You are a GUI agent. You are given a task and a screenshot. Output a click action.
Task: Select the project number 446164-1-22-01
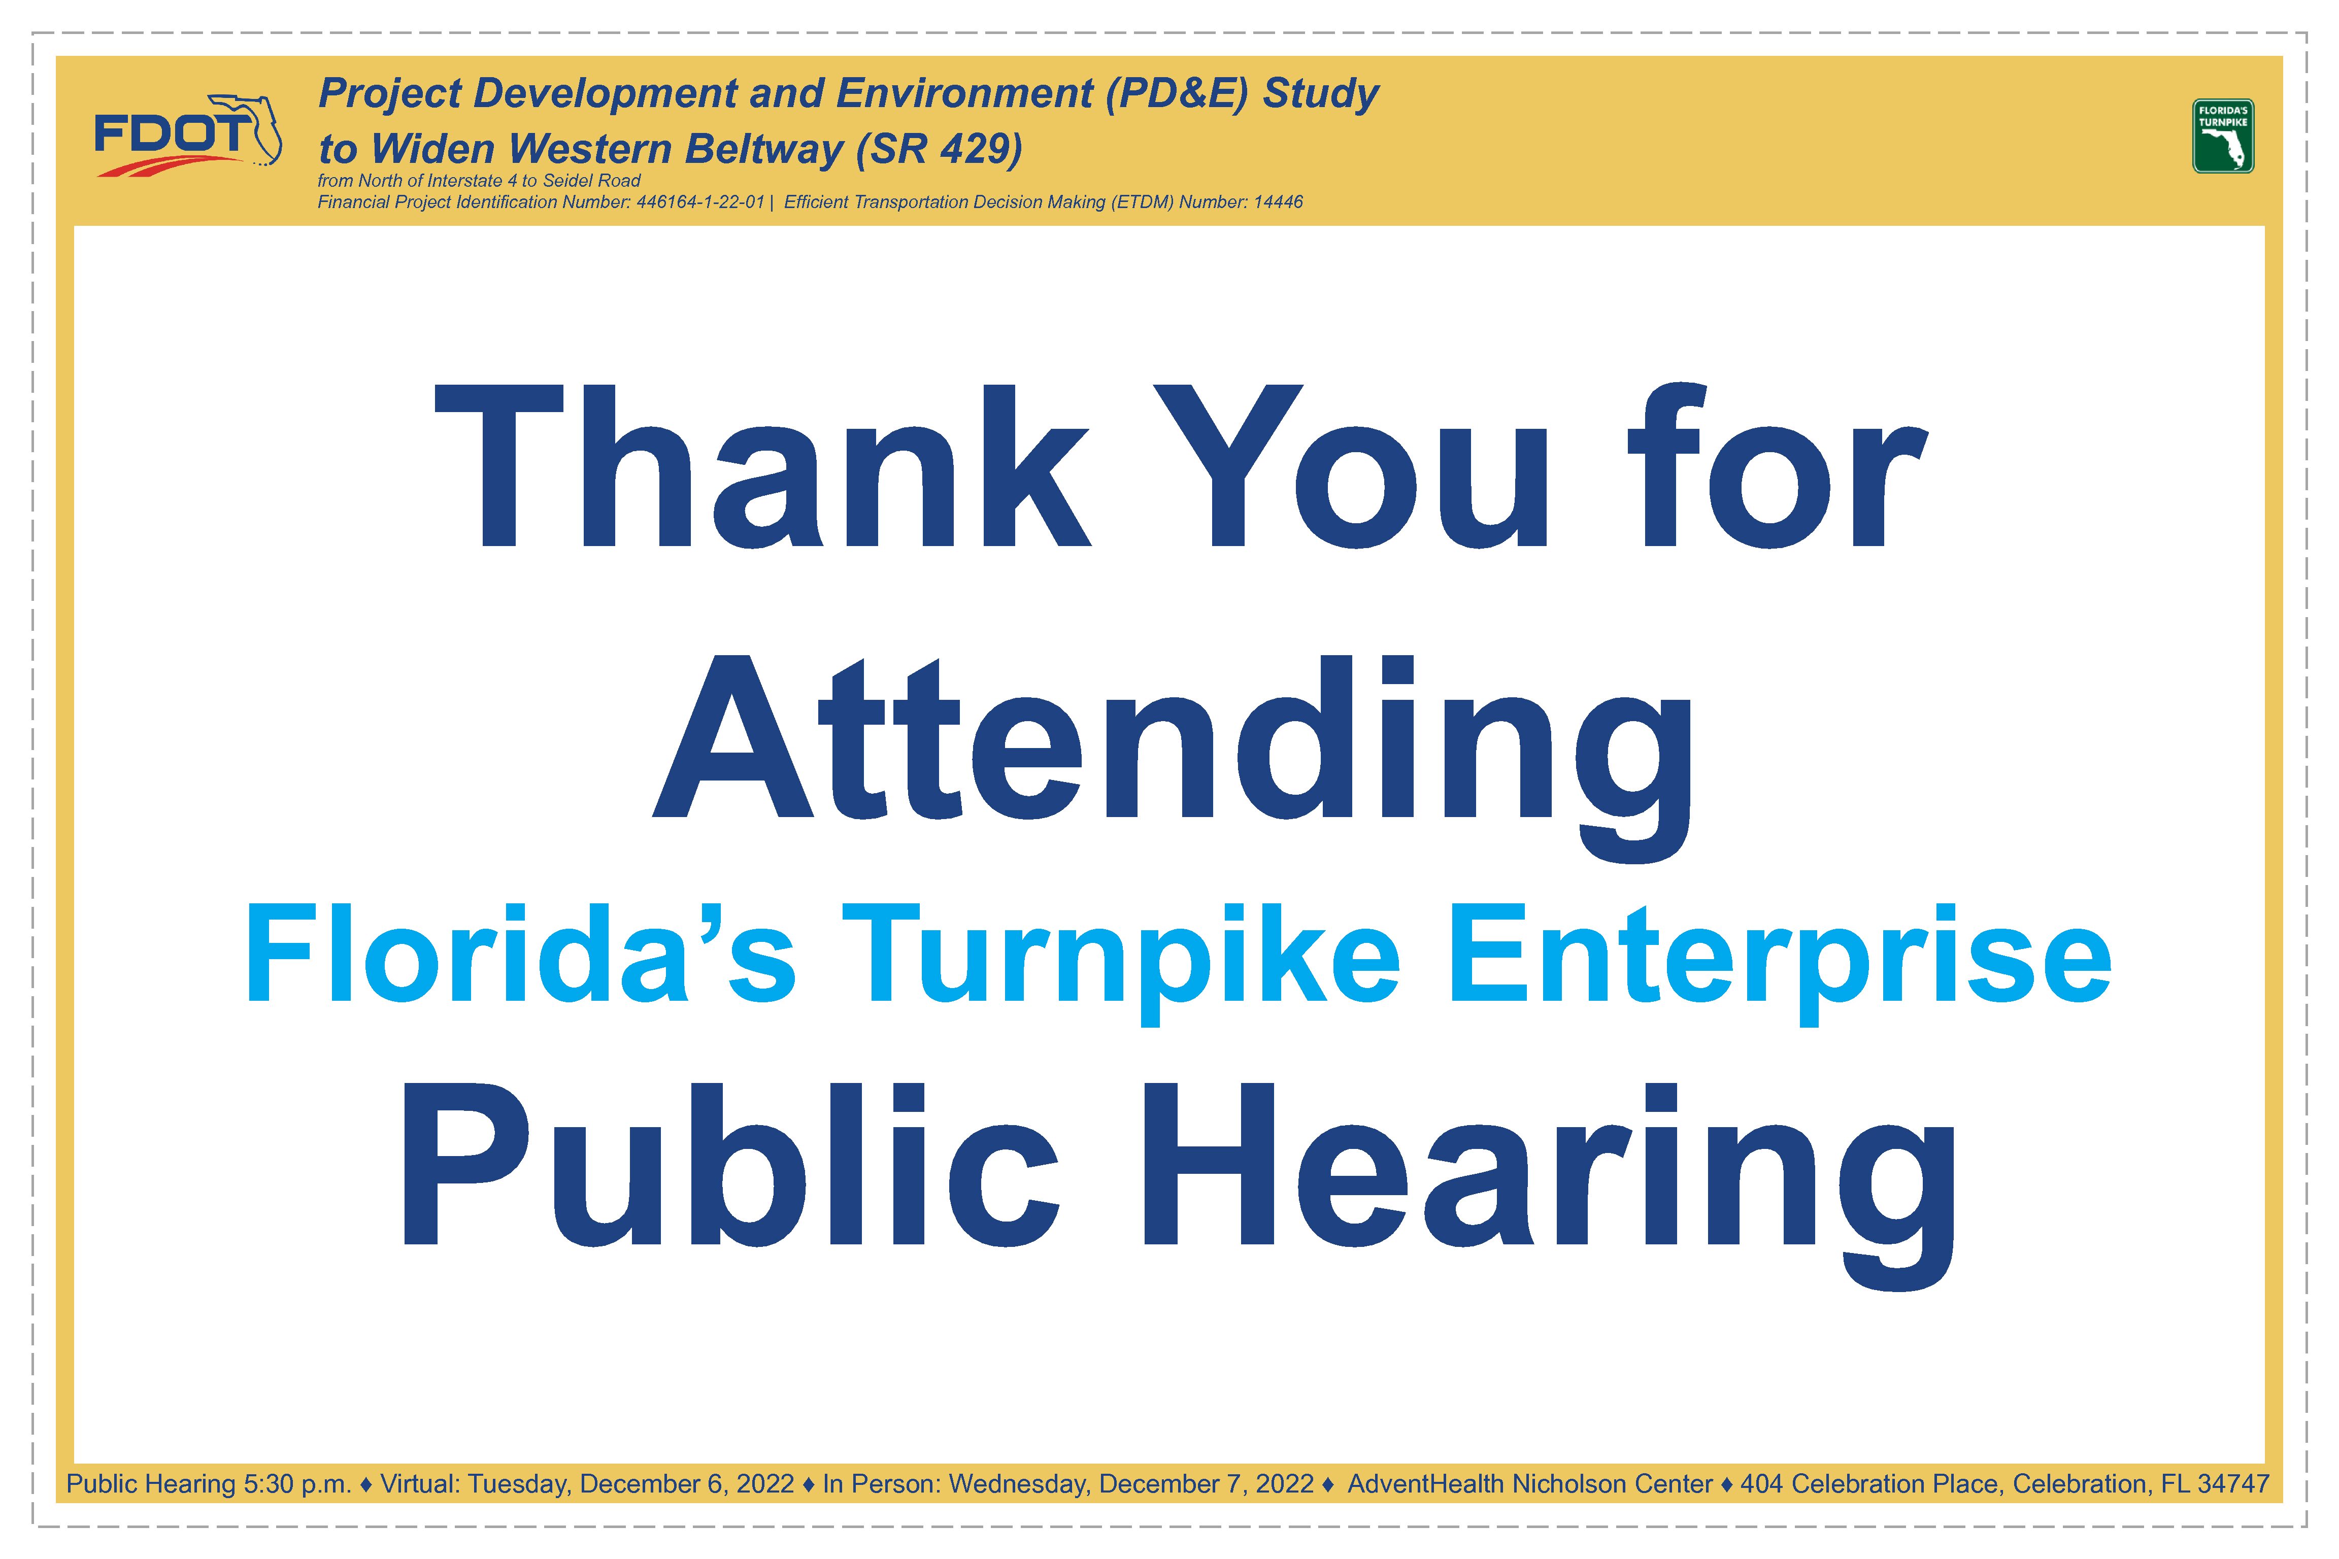point(700,202)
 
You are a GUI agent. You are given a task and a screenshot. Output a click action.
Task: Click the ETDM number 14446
point(1278,202)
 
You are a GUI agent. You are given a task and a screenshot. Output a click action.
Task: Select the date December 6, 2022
point(687,1484)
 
